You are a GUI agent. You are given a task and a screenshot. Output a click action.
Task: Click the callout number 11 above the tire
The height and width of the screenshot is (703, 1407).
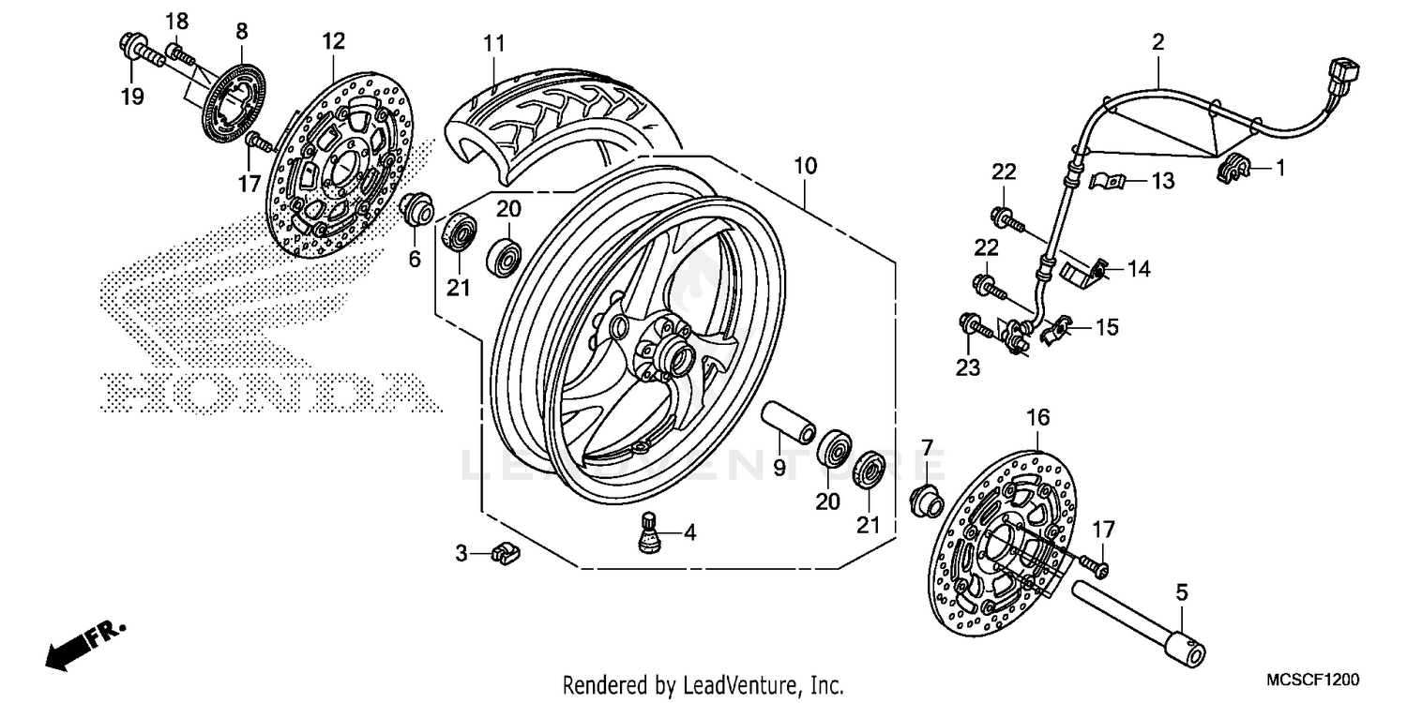[x=494, y=43]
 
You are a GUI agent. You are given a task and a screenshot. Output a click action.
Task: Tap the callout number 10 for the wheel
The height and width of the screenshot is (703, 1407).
[x=805, y=167]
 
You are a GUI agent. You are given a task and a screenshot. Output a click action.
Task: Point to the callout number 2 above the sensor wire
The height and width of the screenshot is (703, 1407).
[x=1157, y=41]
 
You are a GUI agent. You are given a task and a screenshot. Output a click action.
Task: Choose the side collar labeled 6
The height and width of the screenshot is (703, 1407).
[x=416, y=209]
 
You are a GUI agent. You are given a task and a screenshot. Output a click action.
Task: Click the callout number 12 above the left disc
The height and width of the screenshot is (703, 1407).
[x=334, y=41]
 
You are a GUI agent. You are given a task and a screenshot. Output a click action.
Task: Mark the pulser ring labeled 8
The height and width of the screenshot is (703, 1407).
[x=231, y=100]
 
